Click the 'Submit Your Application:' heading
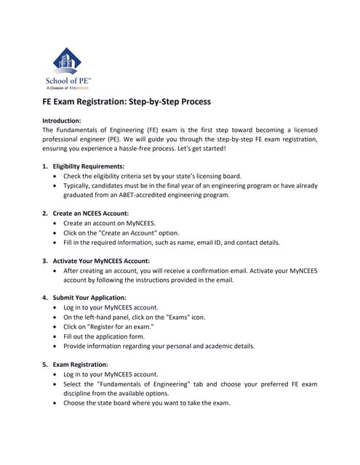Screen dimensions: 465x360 pyautogui.click(x=89, y=297)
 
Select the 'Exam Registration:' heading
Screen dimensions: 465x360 pyautogui.click(x=80, y=364)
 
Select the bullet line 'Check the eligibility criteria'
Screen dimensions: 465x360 pyautogui.click(x=151, y=176)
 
